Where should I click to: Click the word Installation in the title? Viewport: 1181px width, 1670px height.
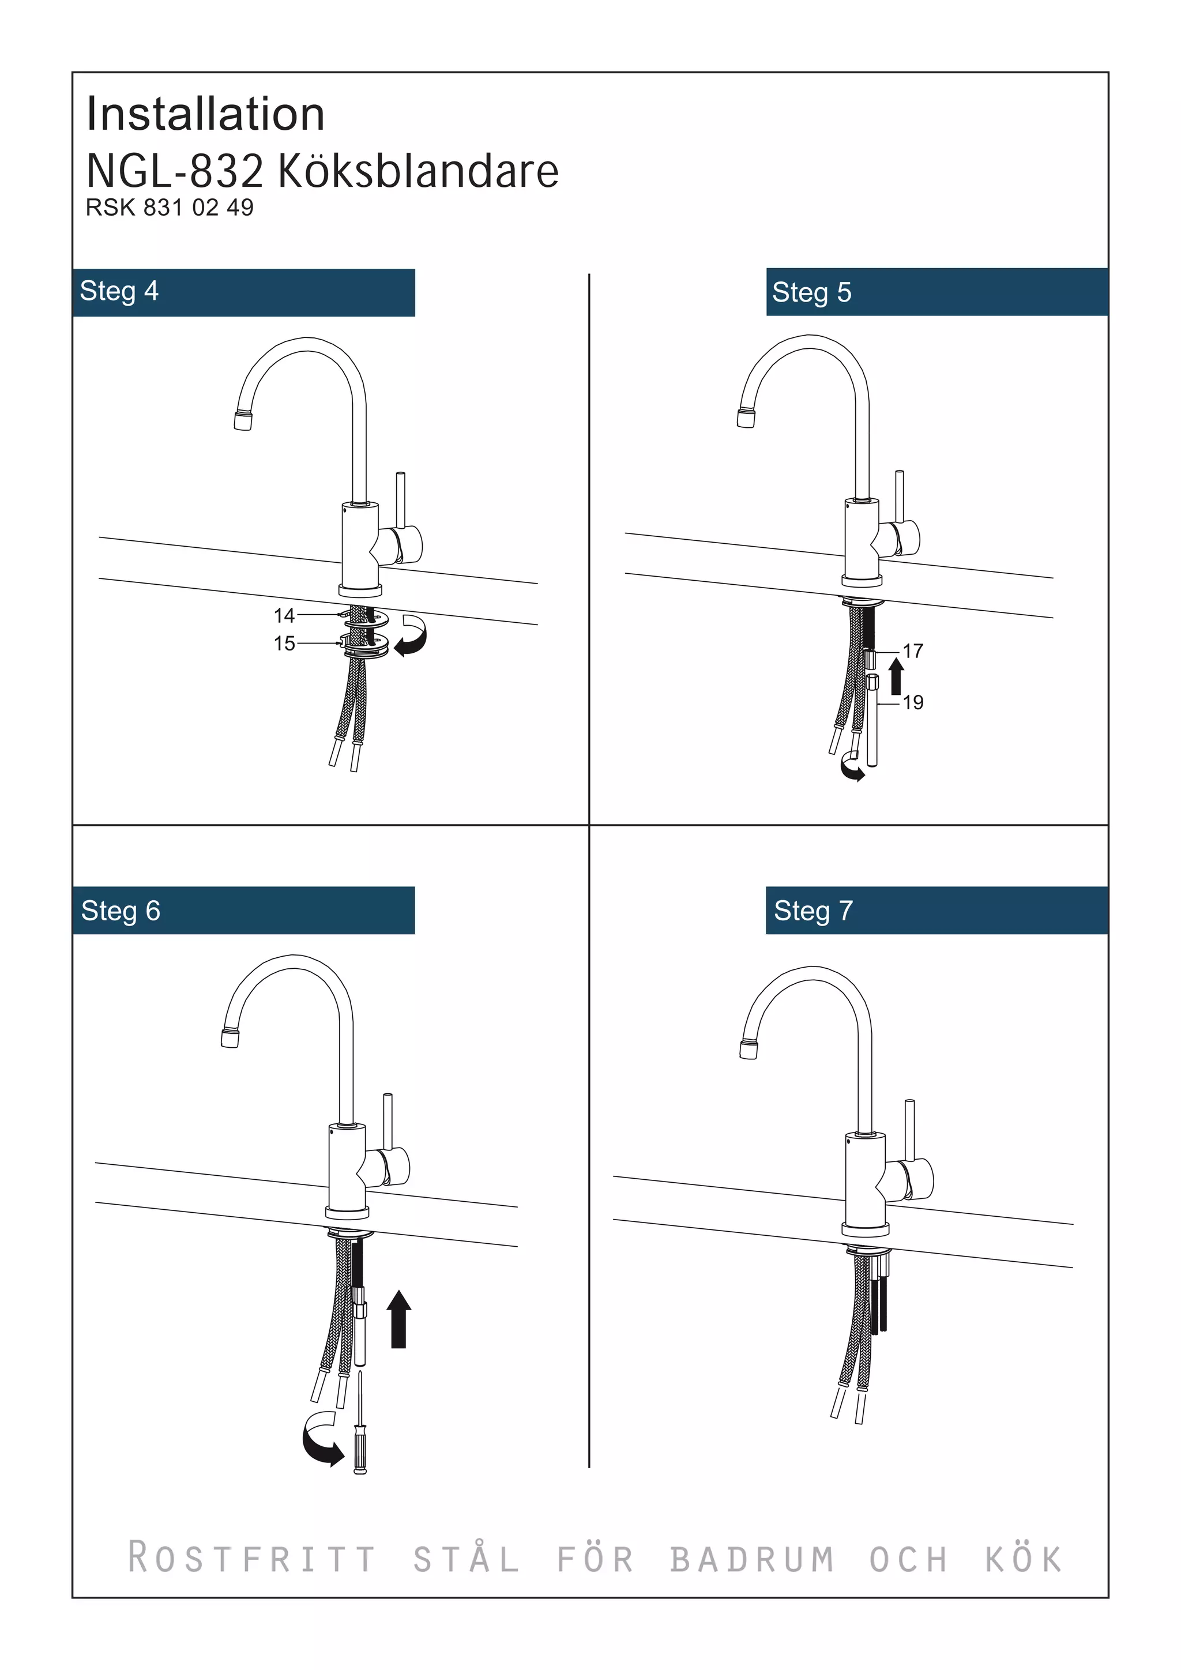[x=205, y=114]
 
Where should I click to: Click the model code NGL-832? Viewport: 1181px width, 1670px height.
[x=175, y=172]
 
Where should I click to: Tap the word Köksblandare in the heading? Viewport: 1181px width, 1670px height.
[x=418, y=172]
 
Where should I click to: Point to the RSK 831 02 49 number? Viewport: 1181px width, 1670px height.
[x=170, y=208]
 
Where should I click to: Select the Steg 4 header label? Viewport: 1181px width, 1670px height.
[x=119, y=291]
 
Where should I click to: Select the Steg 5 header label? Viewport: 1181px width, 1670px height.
[x=811, y=292]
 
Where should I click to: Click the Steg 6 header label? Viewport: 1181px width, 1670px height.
[x=121, y=911]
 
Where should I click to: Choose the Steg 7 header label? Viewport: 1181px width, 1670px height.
[x=813, y=911]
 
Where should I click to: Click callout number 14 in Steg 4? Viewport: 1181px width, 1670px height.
[x=284, y=615]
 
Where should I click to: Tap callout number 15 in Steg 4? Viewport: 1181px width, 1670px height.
[x=284, y=643]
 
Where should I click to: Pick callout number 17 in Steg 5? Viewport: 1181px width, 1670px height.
[x=913, y=650]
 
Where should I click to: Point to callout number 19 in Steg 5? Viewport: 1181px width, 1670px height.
[x=913, y=702]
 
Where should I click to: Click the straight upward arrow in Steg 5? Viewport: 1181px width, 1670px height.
[x=896, y=676]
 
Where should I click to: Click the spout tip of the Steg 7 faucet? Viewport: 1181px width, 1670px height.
[x=749, y=1050]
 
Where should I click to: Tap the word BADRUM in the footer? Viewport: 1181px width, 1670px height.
[x=751, y=1559]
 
